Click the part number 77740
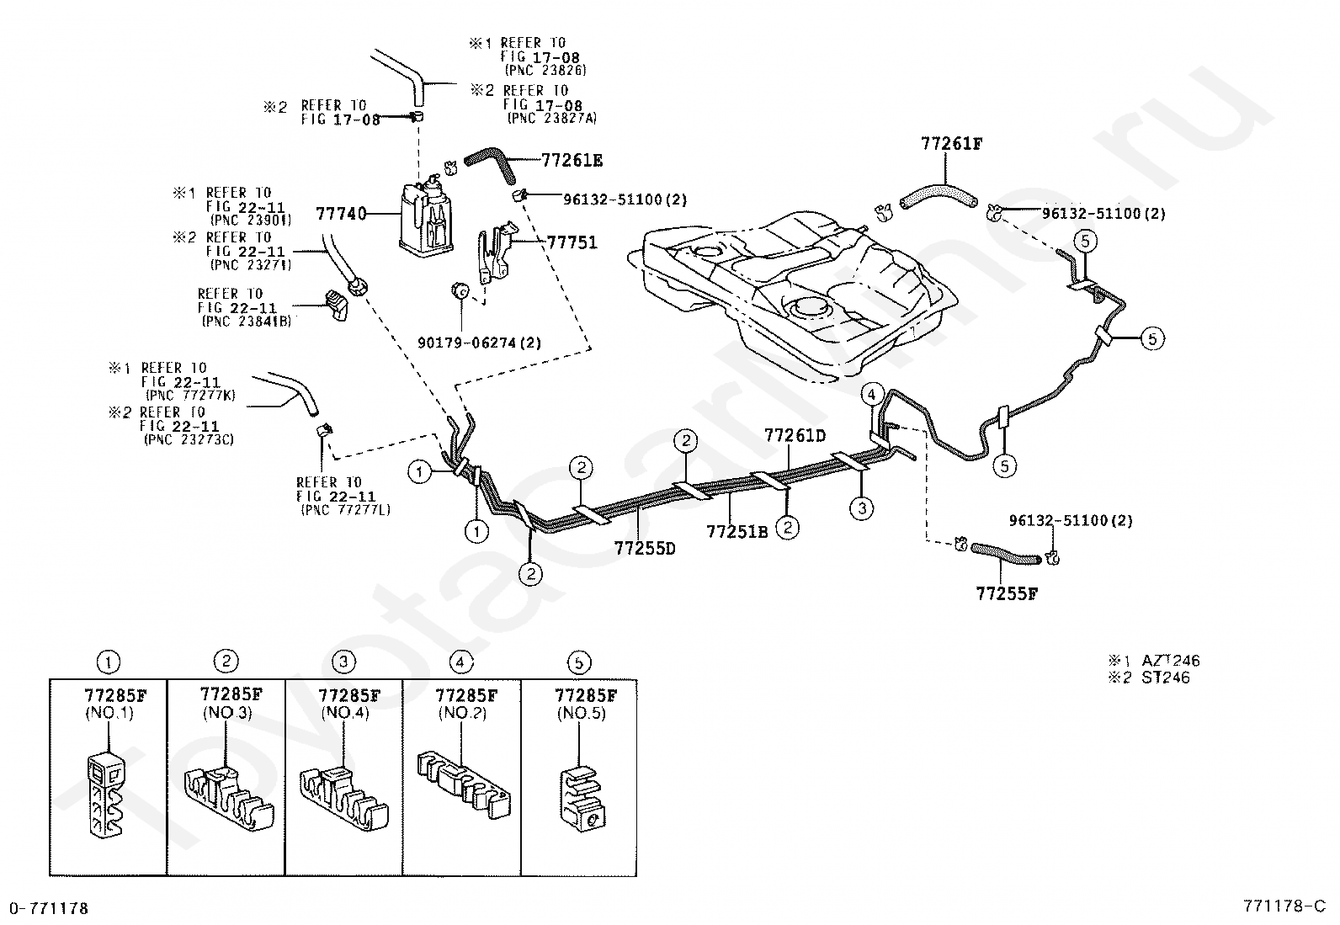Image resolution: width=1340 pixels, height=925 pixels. (x=341, y=214)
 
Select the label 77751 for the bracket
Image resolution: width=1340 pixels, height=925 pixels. (x=572, y=242)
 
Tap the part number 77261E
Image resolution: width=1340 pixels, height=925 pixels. (x=572, y=161)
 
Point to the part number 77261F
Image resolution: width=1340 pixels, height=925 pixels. (x=951, y=144)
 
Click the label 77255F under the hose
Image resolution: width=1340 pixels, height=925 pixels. (x=1007, y=593)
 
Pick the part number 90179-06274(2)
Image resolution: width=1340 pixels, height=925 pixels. (x=479, y=343)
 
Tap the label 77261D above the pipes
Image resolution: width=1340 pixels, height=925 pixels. (x=795, y=436)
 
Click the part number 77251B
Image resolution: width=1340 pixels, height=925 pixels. (x=737, y=531)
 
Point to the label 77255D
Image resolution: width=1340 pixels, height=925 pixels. (x=645, y=548)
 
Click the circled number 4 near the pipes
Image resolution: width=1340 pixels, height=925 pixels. (x=872, y=394)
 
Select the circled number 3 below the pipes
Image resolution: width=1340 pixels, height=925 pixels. (x=861, y=508)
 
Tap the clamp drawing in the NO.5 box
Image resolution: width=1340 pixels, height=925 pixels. (x=582, y=798)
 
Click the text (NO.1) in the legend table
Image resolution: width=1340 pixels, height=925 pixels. (x=109, y=713)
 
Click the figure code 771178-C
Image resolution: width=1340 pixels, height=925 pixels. (x=1284, y=906)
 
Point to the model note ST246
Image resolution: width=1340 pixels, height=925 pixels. (x=1165, y=678)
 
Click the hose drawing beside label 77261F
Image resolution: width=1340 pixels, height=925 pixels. (x=938, y=198)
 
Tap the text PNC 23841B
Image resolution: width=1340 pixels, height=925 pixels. (x=247, y=322)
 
